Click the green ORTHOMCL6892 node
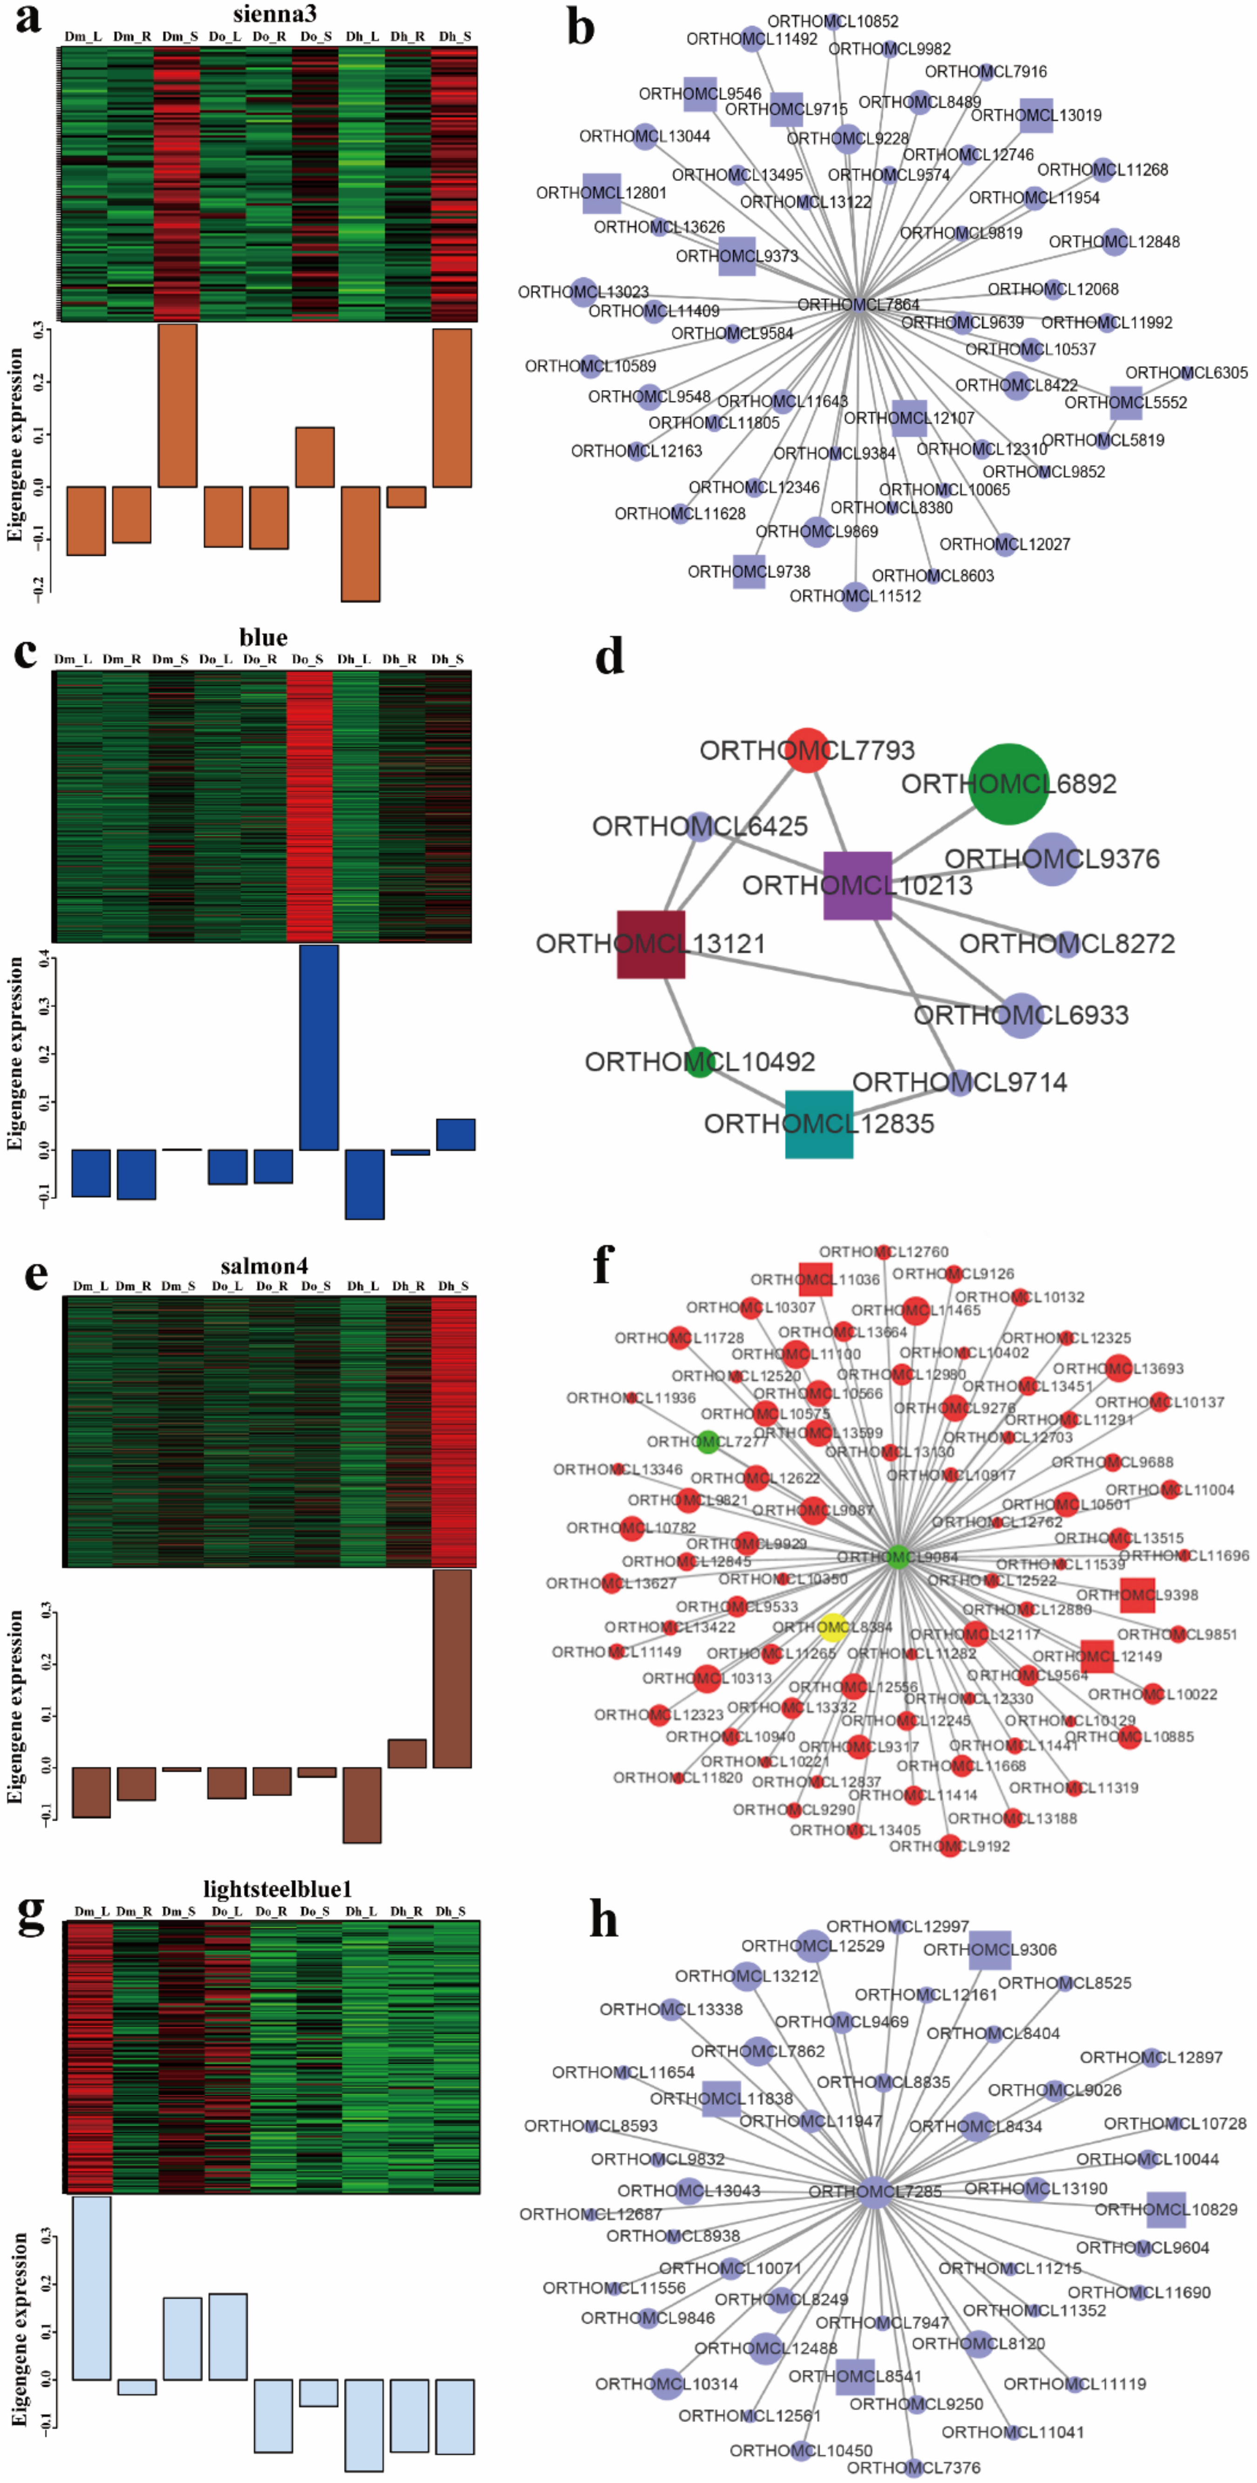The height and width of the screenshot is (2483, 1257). [x=1008, y=784]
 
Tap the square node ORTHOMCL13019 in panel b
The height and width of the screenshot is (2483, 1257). [x=1036, y=114]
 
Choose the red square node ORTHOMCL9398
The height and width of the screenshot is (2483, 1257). [x=1137, y=1595]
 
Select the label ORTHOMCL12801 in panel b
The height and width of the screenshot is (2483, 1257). [x=601, y=193]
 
